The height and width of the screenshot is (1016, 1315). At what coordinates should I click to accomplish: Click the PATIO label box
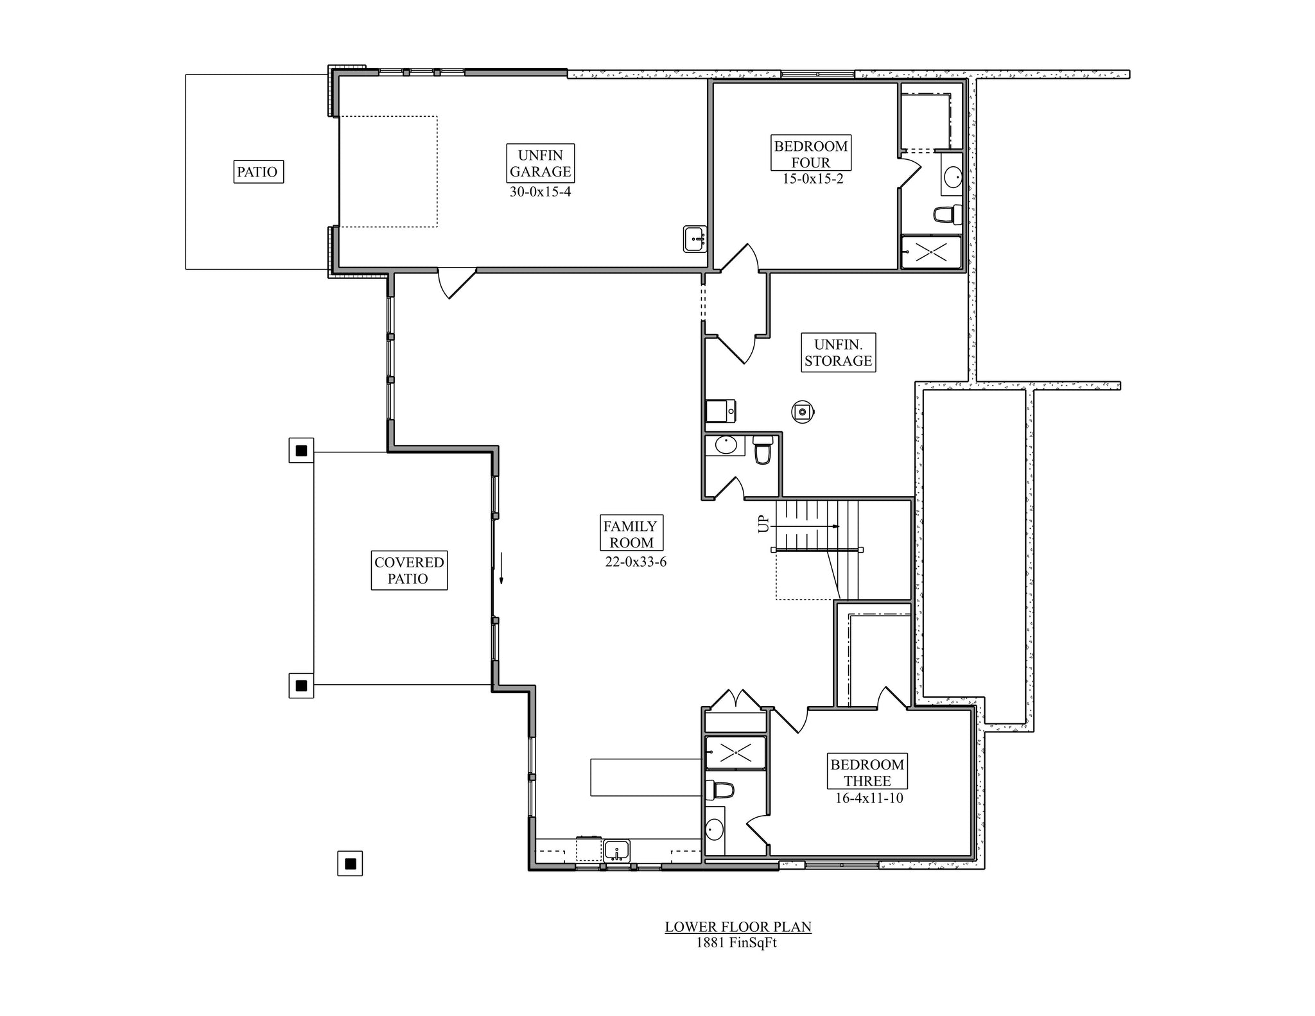coord(258,172)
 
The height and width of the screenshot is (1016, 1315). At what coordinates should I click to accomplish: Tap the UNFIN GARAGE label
coord(540,163)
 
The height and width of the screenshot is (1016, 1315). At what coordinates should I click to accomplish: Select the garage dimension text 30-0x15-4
coord(540,191)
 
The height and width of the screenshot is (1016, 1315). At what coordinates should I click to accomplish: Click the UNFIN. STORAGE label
coord(839,352)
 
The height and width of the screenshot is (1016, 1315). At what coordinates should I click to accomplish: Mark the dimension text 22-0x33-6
coord(635,562)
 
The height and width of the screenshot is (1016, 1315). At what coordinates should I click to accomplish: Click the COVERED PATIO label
coord(409,570)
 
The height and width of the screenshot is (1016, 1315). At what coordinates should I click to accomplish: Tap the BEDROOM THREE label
coord(867,771)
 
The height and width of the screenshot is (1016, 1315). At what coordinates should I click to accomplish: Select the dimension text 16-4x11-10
coord(869,798)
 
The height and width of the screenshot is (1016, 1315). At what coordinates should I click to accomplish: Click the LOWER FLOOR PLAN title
coord(738,927)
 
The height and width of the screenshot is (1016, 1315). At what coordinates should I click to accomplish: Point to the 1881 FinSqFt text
coord(736,943)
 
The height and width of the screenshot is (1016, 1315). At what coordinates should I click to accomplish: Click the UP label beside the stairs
coord(763,524)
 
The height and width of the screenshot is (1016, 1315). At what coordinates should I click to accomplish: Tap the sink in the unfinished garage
coord(694,239)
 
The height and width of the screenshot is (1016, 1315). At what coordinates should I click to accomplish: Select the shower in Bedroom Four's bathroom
coord(931,252)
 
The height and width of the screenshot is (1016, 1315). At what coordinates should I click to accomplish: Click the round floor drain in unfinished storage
coord(803,411)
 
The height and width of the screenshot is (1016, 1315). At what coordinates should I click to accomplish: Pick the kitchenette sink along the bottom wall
coord(616,850)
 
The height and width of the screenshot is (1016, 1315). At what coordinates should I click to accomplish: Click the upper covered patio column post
coord(301,451)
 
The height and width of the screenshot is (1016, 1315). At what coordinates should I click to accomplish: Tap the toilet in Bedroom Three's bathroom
coord(720,789)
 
